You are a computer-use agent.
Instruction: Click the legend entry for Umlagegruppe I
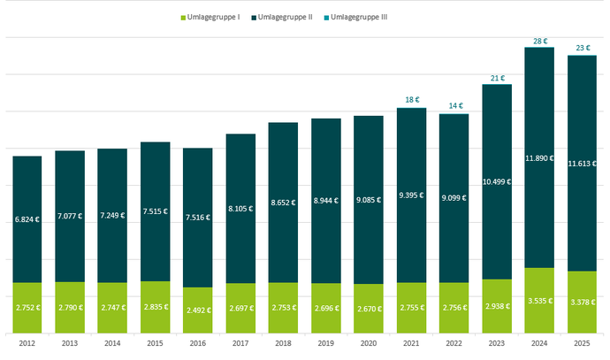[x=214, y=18]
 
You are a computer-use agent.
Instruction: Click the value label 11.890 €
[x=538, y=158]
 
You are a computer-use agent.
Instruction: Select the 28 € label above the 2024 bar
[x=538, y=40]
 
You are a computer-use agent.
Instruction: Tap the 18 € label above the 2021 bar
[x=411, y=100]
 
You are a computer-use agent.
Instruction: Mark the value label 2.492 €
[x=197, y=310]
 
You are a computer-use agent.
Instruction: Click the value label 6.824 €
[x=27, y=218]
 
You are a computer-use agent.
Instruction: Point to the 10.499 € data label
[x=496, y=181]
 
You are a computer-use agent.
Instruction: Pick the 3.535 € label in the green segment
[x=538, y=301]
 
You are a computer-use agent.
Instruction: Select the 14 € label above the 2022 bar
[x=454, y=106]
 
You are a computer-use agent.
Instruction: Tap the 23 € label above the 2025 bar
[x=582, y=48]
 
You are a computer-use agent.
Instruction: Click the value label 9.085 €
[x=368, y=199]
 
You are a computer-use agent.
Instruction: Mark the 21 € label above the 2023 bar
[x=496, y=77]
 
